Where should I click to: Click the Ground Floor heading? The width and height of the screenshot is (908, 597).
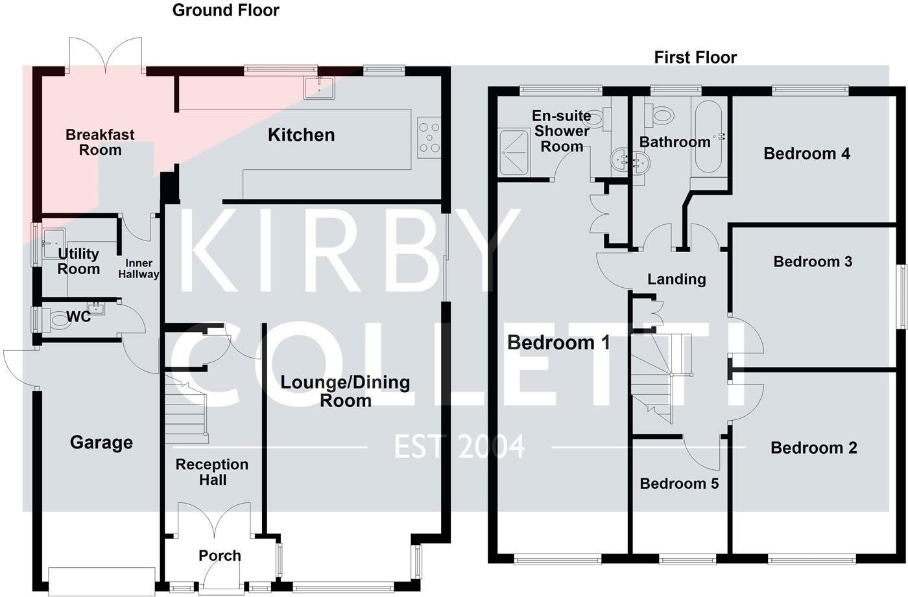tap(226, 10)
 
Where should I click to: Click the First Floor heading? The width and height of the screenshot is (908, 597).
tap(695, 58)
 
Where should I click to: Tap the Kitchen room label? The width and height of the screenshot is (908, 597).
tap(301, 135)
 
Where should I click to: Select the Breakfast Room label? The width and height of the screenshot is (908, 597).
tap(100, 143)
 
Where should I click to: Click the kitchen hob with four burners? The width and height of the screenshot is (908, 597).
tap(429, 137)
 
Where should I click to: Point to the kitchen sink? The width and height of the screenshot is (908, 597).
tap(319, 88)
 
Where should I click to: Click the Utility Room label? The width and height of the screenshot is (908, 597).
tap(78, 261)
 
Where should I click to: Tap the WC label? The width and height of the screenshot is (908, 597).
tap(79, 317)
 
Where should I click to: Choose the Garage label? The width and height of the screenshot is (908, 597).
tap(101, 443)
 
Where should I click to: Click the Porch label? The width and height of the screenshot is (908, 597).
tap(219, 556)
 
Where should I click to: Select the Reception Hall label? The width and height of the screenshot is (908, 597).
tap(212, 472)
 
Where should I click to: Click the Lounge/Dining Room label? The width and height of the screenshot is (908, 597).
tap(345, 391)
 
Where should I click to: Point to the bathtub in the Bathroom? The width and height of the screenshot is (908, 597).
tap(708, 137)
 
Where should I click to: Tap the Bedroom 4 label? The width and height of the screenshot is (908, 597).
tap(806, 154)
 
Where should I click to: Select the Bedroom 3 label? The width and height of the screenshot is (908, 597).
tap(813, 262)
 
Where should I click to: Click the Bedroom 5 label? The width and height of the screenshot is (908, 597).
tap(679, 484)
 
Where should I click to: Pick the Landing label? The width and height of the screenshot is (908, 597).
tap(676, 279)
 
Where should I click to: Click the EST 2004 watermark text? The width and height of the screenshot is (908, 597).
tap(459, 447)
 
